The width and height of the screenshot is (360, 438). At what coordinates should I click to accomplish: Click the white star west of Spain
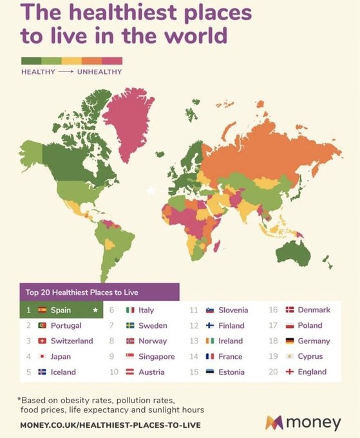[151, 190]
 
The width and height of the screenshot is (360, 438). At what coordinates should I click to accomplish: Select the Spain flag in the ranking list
[43, 310]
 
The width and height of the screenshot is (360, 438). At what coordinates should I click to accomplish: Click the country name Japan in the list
[61, 356]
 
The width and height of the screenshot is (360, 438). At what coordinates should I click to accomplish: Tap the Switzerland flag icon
[43, 341]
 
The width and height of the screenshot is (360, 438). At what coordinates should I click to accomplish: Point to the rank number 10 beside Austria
[114, 372]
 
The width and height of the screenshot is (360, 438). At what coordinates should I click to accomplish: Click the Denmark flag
[290, 310]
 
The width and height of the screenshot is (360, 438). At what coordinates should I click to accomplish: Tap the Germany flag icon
[290, 341]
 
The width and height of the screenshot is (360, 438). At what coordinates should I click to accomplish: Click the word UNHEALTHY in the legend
[99, 71]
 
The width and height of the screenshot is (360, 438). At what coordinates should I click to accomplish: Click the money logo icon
[274, 423]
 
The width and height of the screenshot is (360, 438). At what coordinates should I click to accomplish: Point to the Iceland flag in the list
[43, 372]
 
